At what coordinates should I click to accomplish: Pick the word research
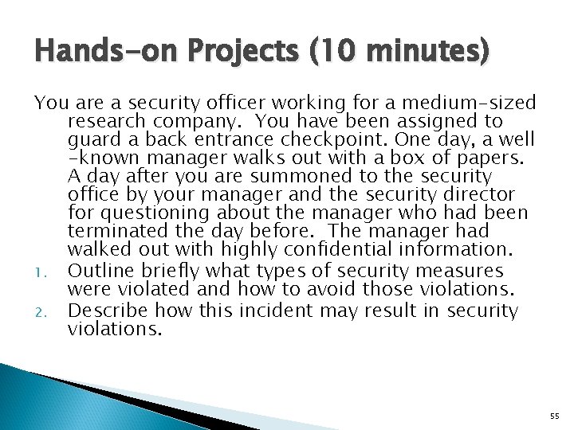[x=106, y=121]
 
